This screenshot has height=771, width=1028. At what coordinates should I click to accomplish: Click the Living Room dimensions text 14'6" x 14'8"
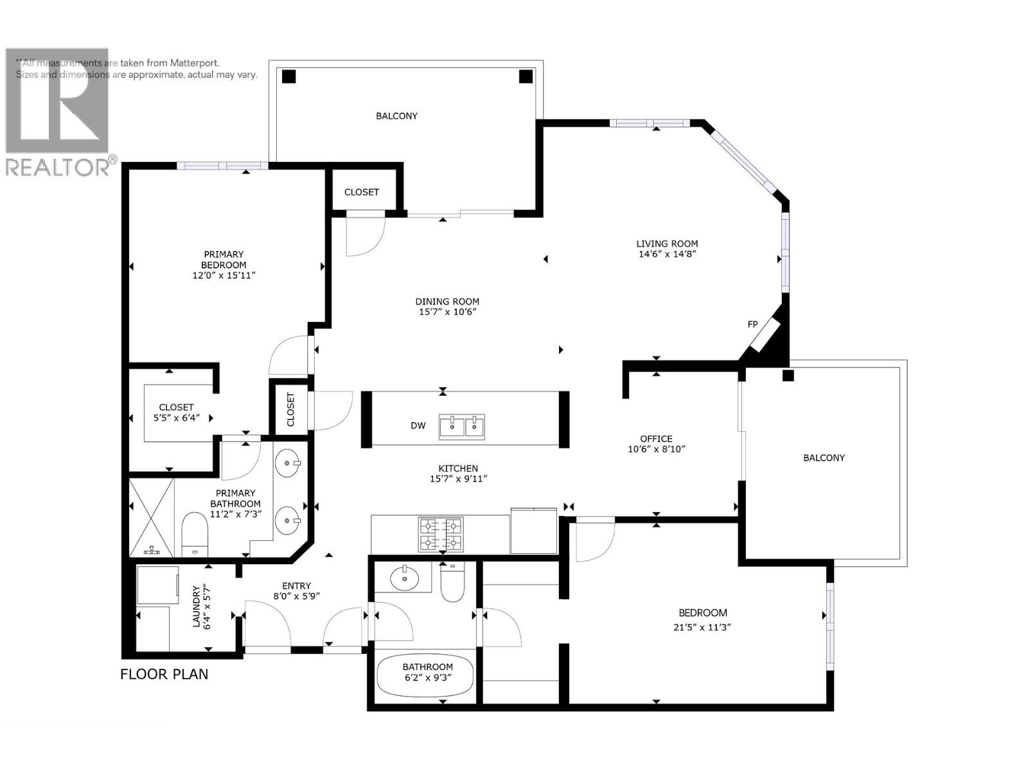(667, 254)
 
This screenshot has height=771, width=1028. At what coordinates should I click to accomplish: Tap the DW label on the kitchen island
(418, 425)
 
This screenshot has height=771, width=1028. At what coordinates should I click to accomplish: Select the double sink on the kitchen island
(462, 427)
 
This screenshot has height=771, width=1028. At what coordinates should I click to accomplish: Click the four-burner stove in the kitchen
(441, 535)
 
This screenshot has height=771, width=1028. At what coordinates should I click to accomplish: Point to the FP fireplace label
(752, 324)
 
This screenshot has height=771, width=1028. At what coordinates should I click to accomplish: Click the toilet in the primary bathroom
(194, 533)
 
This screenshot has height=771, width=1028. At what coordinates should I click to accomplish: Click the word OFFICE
(656, 439)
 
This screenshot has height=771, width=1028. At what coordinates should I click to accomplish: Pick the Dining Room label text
(447, 301)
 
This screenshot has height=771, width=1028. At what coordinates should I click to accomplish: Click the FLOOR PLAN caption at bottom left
(164, 674)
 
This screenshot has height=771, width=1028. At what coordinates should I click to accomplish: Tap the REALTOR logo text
(58, 168)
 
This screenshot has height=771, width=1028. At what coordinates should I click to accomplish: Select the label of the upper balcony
(396, 116)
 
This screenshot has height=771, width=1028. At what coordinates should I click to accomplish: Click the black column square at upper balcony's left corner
(289, 76)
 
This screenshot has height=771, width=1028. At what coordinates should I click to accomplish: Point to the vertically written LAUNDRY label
(197, 606)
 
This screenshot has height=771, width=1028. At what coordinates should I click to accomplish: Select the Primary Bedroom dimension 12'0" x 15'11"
(224, 276)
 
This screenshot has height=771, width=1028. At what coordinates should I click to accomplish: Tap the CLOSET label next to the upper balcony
(362, 192)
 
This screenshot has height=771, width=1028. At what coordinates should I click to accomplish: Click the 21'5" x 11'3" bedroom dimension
(703, 628)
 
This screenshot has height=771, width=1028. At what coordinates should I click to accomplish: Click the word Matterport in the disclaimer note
(195, 63)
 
